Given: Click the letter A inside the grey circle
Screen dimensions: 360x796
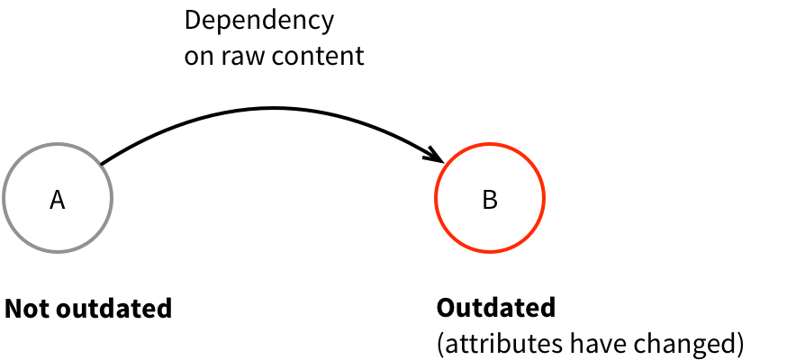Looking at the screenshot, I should click(x=57, y=200).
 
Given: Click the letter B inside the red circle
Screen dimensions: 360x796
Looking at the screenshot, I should click(x=490, y=200).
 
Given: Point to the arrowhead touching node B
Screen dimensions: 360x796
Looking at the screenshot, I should click(x=437, y=155).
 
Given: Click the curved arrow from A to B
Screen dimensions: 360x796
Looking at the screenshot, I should click(x=270, y=109).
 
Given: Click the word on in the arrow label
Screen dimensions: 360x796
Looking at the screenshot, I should click(x=196, y=56).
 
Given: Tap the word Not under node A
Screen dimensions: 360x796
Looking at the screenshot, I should click(x=27, y=309).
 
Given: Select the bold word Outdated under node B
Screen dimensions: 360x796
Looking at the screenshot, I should click(x=496, y=308).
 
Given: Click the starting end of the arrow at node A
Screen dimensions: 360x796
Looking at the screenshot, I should click(x=102, y=164).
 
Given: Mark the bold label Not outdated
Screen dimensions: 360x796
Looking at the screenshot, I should click(x=88, y=309).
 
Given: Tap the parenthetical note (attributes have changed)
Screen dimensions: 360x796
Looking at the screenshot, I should click(x=591, y=343).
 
